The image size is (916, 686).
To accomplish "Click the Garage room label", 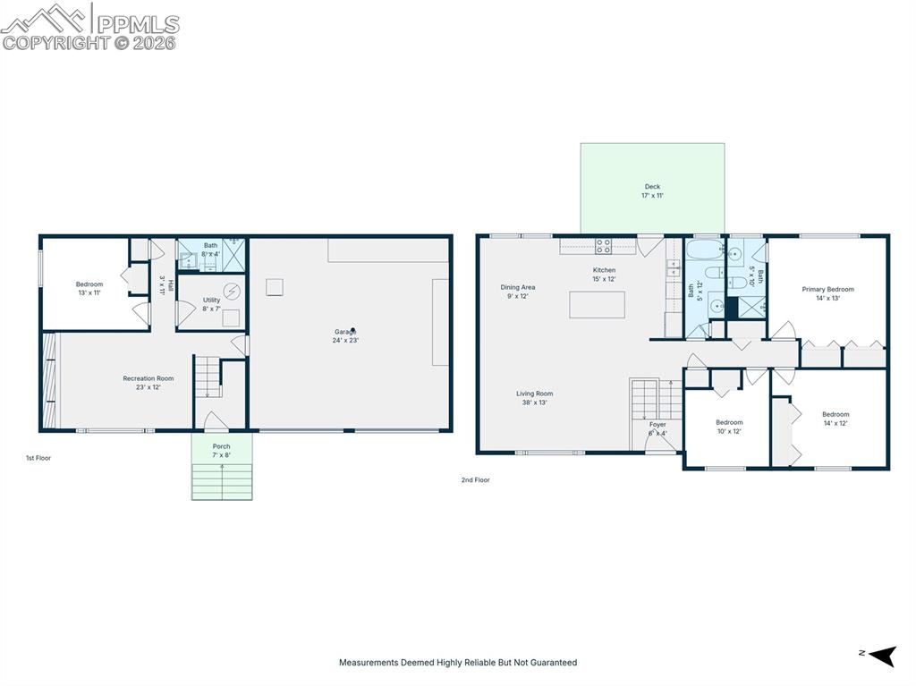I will [x=345, y=335].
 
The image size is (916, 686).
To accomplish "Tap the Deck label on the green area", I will [x=652, y=191].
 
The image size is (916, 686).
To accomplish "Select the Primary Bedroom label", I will [x=827, y=293].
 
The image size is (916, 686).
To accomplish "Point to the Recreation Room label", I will [x=148, y=383].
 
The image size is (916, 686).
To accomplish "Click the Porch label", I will [x=221, y=450].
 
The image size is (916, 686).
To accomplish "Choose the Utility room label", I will [x=211, y=304].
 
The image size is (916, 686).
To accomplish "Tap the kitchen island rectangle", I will [x=597, y=304].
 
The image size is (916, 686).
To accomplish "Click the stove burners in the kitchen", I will [x=604, y=245].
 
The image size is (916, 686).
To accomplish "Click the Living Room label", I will [x=534, y=398].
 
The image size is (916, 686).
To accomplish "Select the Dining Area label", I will [x=517, y=292].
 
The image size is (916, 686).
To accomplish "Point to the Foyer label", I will [x=657, y=428].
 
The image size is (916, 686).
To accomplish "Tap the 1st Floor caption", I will [x=38, y=458].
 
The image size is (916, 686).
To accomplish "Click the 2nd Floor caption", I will [x=475, y=480].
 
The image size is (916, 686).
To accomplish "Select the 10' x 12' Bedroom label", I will [x=729, y=427].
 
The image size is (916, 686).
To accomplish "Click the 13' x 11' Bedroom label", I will [x=89, y=288].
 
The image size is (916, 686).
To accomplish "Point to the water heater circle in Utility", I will [x=233, y=291].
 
